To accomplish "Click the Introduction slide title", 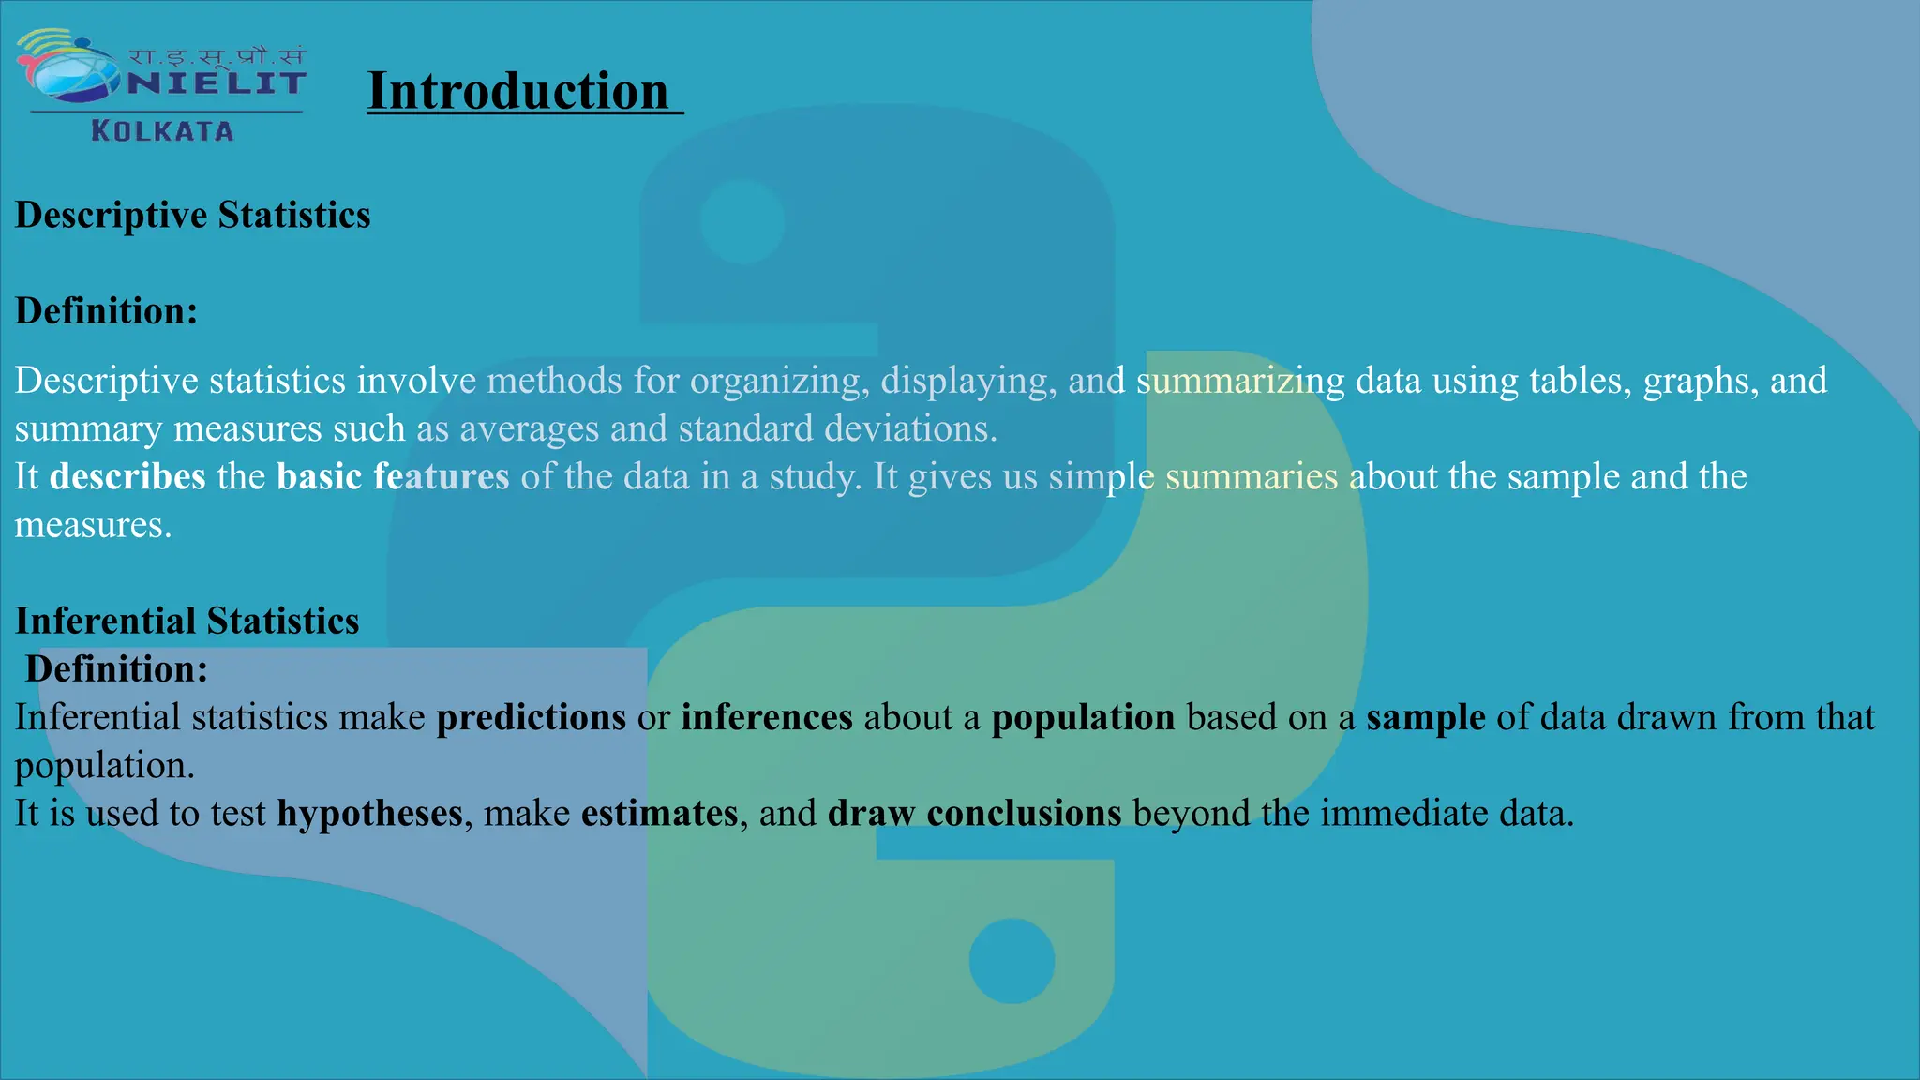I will pos(518,92).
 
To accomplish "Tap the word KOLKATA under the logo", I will pos(162,131).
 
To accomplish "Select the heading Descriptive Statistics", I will pos(193,215).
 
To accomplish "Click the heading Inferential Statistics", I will pos(187,621).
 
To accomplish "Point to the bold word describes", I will pos(127,476).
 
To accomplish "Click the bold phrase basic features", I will pos(393,476).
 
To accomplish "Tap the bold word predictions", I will pos(531,717).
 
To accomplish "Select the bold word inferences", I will pos(767,717).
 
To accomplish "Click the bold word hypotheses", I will pos(369,813).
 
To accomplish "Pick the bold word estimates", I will pos(659,813).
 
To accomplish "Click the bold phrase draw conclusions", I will pos(974,813).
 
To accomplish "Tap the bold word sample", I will pos(1425,717).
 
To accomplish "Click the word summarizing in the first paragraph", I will pos(1240,382).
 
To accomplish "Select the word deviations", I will pos(910,428).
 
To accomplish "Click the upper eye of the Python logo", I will pos(742,222).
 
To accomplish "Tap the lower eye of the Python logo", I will pos(1012,961).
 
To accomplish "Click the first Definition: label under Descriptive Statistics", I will pos(106,311).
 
